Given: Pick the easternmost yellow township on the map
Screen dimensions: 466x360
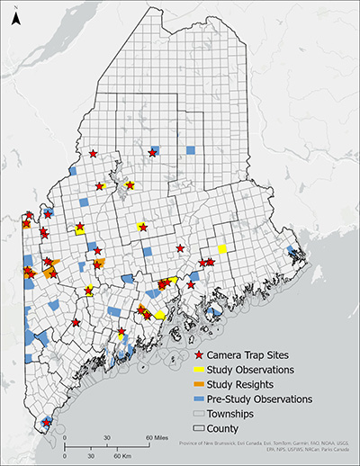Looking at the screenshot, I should [x=221, y=248].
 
